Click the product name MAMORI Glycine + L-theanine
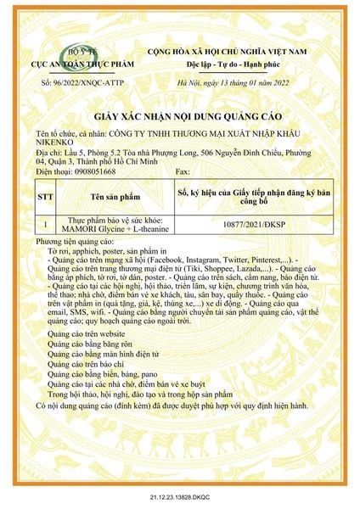114,230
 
